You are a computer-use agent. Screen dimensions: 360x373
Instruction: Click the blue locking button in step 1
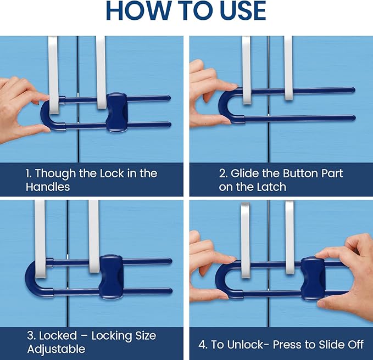point(116,111)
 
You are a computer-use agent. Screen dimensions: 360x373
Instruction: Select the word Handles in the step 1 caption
point(48,187)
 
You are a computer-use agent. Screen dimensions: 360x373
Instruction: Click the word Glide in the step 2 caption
point(248,173)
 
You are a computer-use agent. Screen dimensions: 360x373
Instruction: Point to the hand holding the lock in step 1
point(19,104)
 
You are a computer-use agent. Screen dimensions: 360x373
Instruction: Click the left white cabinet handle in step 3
point(40,236)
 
